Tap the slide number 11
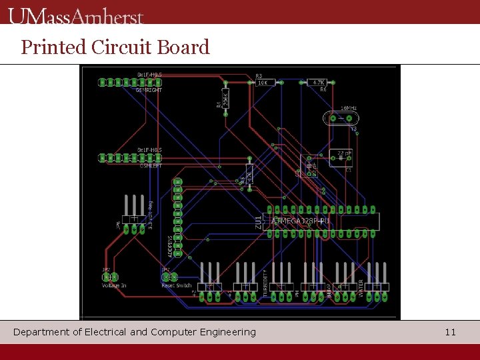click(450, 331)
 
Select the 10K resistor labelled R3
click(262, 83)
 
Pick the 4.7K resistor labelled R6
click(319, 83)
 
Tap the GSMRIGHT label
click(149, 90)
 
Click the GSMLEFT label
click(150, 166)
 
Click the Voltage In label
click(114, 285)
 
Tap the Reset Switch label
click(177, 285)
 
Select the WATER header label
click(362, 288)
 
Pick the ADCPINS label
click(169, 245)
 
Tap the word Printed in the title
click(54, 47)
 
